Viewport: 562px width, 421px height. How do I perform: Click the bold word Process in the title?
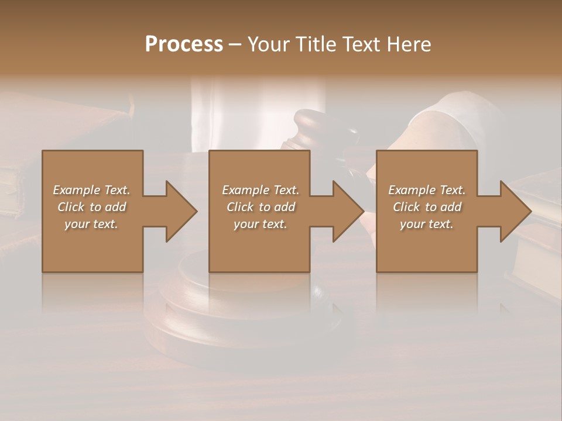[184, 44]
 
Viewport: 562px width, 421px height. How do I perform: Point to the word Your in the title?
[267, 44]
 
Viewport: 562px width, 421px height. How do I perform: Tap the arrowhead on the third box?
[515, 211]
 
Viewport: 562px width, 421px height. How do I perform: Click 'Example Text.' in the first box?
[91, 190]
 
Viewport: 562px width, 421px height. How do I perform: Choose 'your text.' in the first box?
[91, 224]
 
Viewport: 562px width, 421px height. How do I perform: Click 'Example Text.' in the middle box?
[261, 190]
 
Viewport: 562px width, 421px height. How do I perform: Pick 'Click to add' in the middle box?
[261, 207]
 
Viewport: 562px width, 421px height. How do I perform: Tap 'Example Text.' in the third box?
[427, 190]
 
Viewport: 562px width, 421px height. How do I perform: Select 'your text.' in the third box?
[427, 224]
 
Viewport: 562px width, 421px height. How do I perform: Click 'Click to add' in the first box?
[91, 207]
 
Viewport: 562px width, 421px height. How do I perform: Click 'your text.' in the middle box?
[261, 224]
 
